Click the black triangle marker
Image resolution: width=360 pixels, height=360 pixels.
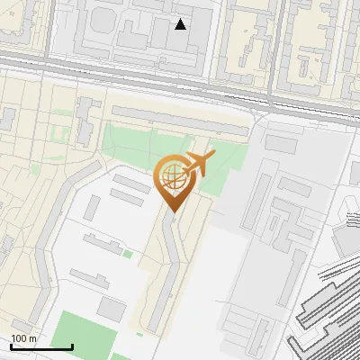point(181,24)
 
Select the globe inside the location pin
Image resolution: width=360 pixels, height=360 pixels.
point(171,177)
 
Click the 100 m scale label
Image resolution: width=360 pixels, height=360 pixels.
point(24,338)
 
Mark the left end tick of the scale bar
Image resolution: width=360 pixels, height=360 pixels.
point(11,346)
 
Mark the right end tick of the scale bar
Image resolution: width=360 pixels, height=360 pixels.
point(72,346)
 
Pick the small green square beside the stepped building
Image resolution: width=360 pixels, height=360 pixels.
point(128,255)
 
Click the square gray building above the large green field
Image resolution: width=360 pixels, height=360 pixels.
point(112,309)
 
